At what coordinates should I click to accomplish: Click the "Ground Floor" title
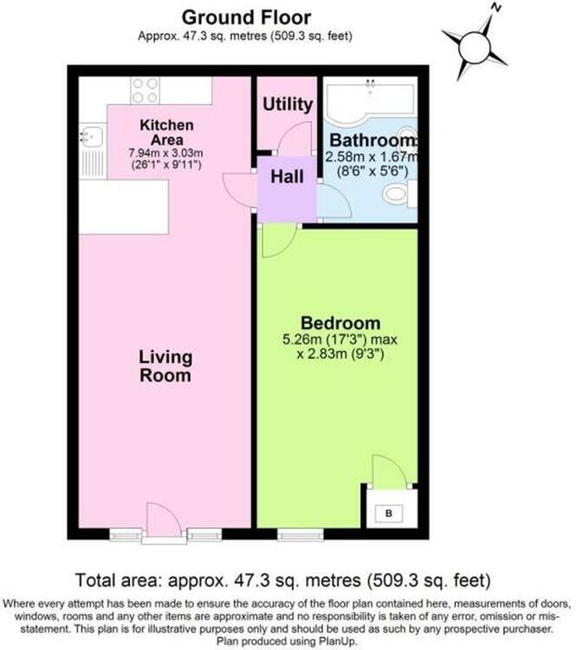(x=246, y=17)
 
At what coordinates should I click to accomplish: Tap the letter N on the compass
(x=495, y=8)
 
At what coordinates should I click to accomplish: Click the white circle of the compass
(x=475, y=48)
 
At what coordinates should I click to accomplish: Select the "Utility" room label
(x=288, y=104)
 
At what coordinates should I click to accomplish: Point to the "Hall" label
(x=288, y=177)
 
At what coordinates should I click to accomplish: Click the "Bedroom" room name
(x=340, y=323)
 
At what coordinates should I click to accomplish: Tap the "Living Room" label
(x=165, y=366)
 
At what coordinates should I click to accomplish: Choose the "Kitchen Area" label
(x=166, y=133)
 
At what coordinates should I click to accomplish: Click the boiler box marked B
(x=388, y=513)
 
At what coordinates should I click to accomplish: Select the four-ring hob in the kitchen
(x=145, y=90)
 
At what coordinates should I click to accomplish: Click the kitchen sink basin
(x=92, y=137)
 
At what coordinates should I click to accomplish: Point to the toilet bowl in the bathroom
(x=395, y=193)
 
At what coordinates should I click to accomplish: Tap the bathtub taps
(x=370, y=85)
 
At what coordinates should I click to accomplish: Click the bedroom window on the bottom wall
(x=301, y=536)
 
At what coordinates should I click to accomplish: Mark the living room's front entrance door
(x=163, y=523)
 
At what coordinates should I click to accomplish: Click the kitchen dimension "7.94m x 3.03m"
(x=166, y=153)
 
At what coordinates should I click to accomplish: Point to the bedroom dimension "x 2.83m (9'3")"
(x=340, y=354)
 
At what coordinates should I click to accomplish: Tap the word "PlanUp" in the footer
(x=336, y=640)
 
